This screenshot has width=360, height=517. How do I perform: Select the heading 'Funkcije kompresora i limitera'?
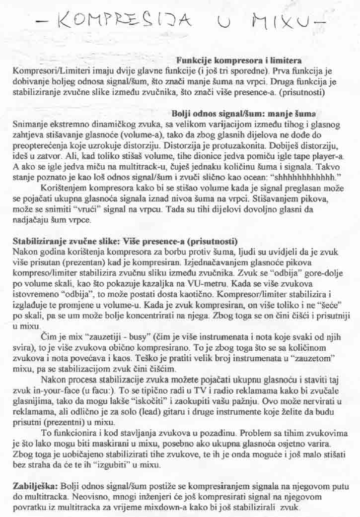pyautogui.click(x=240, y=60)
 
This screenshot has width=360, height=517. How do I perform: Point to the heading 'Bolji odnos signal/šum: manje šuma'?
pyautogui.click(x=244, y=113)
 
